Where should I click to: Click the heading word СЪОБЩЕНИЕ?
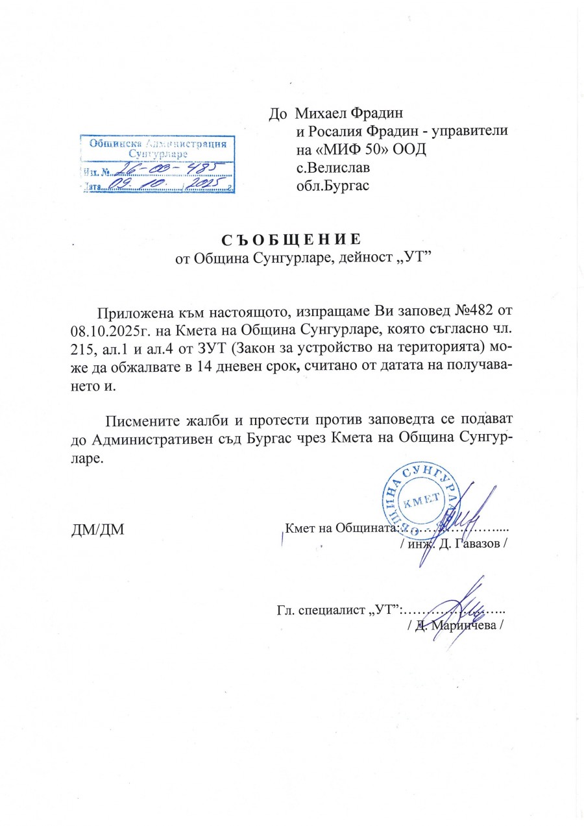[x=290, y=239]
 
